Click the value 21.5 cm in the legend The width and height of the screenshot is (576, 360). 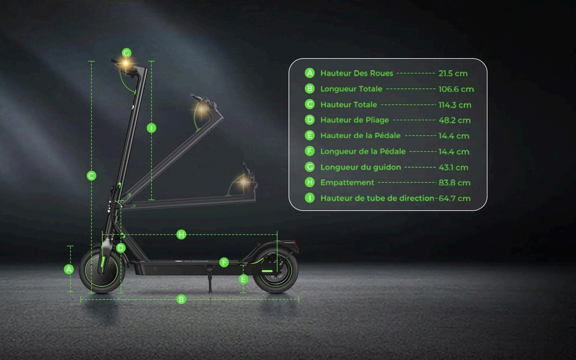(x=453, y=74)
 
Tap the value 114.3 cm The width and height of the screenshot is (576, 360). (x=454, y=105)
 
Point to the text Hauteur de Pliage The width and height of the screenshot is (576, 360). (x=354, y=120)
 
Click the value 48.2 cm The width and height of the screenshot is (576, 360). (x=454, y=120)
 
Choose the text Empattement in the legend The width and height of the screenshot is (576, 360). (x=347, y=183)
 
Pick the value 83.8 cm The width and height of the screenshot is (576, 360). (x=454, y=183)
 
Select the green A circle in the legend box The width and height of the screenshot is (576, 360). (x=310, y=73)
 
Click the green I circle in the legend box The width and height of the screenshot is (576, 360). (x=310, y=198)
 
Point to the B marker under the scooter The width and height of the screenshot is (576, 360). (x=181, y=300)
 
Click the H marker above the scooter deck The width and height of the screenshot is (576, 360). (x=181, y=234)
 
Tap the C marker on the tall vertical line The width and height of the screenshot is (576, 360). (x=92, y=176)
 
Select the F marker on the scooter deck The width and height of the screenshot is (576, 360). (x=224, y=263)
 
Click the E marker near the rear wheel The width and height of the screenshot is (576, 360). (x=244, y=279)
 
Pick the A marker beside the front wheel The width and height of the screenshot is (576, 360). (x=69, y=269)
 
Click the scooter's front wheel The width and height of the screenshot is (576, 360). (x=103, y=271)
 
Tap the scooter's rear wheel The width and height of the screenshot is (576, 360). (x=276, y=270)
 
